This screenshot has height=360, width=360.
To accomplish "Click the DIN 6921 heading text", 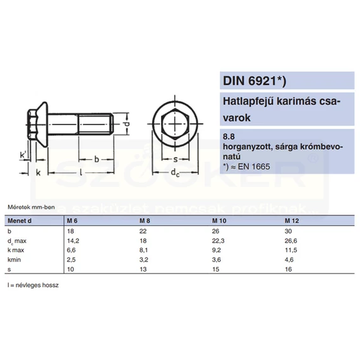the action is (x=255, y=81).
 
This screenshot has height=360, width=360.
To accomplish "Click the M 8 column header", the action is (x=145, y=221).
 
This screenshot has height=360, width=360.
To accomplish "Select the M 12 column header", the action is (x=292, y=221).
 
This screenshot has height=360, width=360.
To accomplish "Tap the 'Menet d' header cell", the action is (x=20, y=221).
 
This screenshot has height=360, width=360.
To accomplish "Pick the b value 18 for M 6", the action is (x=71, y=231).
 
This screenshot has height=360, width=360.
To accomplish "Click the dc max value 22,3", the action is (x=218, y=241).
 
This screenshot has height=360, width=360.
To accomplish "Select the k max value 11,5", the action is (x=291, y=250).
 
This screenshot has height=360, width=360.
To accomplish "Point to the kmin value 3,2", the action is (x=144, y=260).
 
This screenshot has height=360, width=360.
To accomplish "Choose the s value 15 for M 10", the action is (x=215, y=269).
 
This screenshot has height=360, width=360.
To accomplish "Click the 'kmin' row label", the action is (x=14, y=260).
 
